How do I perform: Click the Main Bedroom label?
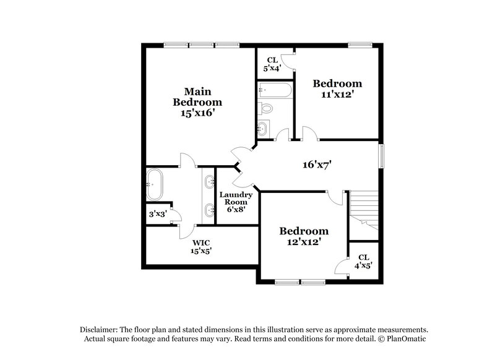click(197, 95)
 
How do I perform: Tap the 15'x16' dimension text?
click(197, 114)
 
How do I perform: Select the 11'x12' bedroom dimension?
click(337, 95)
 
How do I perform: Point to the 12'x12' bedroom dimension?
click(303, 242)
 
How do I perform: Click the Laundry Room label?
click(236, 198)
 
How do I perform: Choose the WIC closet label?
click(200, 242)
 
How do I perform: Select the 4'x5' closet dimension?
click(364, 265)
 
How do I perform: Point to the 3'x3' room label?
click(157, 215)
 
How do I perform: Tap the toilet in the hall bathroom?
click(265, 109)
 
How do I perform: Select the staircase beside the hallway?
click(363, 210)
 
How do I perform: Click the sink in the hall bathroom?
click(264, 129)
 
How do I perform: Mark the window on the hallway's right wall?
click(382, 155)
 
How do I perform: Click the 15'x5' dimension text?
click(200, 251)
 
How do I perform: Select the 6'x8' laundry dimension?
click(236, 209)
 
